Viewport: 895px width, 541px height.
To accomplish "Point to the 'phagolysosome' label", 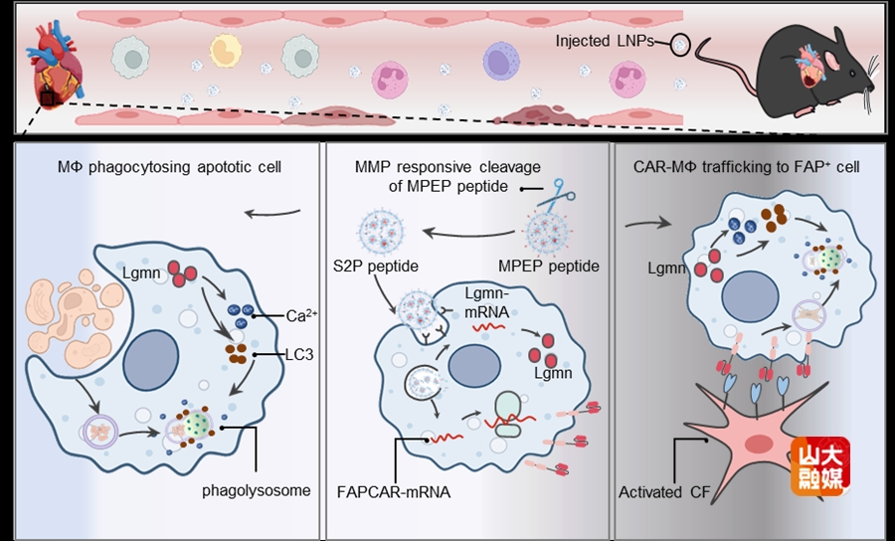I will pyautogui.click(x=256, y=490).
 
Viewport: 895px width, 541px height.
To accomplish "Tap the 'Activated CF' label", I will pyautogui.click(x=662, y=491).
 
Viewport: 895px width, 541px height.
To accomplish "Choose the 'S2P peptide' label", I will pyautogui.click(x=373, y=267).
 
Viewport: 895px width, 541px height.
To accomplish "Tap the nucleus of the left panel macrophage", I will pyautogui.click(x=151, y=357).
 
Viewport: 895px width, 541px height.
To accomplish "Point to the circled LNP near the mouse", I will pyautogui.click(x=679, y=44).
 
